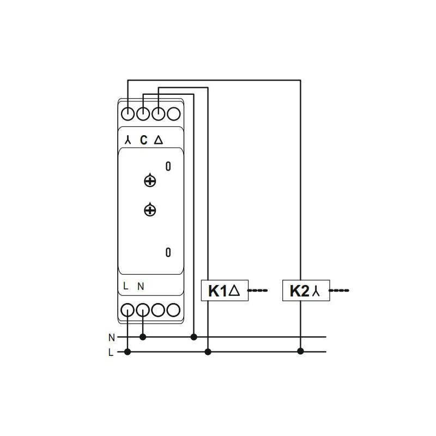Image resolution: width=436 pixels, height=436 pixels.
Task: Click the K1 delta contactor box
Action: tap(225, 290)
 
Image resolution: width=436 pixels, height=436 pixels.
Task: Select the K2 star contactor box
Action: tap(306, 290)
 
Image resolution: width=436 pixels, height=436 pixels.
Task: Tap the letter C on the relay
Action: tap(143, 140)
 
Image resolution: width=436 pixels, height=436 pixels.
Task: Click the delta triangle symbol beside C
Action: tap(159, 140)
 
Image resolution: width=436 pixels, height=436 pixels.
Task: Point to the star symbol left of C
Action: tap(128, 140)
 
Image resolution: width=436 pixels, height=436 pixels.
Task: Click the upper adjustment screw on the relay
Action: tap(150, 180)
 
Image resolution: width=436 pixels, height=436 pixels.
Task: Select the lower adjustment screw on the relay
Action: tap(150, 210)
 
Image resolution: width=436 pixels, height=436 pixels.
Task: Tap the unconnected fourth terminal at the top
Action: tap(173, 113)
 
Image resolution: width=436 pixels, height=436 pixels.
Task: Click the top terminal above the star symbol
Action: tap(128, 113)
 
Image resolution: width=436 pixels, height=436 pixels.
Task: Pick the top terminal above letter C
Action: tap(143, 113)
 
